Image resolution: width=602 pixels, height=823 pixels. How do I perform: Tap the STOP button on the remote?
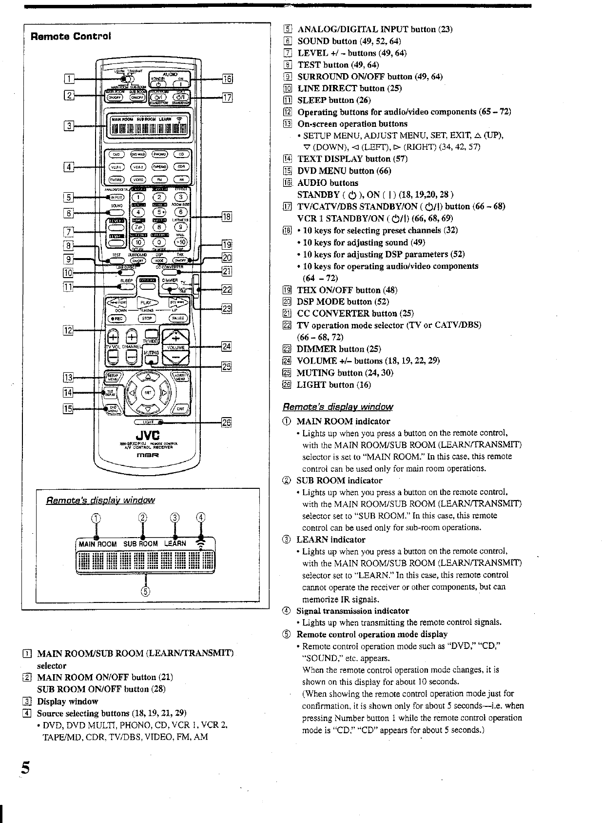(147, 319)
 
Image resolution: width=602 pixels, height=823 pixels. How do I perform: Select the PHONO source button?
(159, 154)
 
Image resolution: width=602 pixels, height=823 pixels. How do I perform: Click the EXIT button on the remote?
(180, 409)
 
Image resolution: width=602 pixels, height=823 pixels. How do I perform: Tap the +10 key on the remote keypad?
(180, 242)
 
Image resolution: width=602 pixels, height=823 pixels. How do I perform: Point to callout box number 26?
(226, 422)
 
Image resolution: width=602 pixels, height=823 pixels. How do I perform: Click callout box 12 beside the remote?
(68, 330)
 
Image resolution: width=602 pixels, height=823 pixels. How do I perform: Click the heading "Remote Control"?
(71, 37)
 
